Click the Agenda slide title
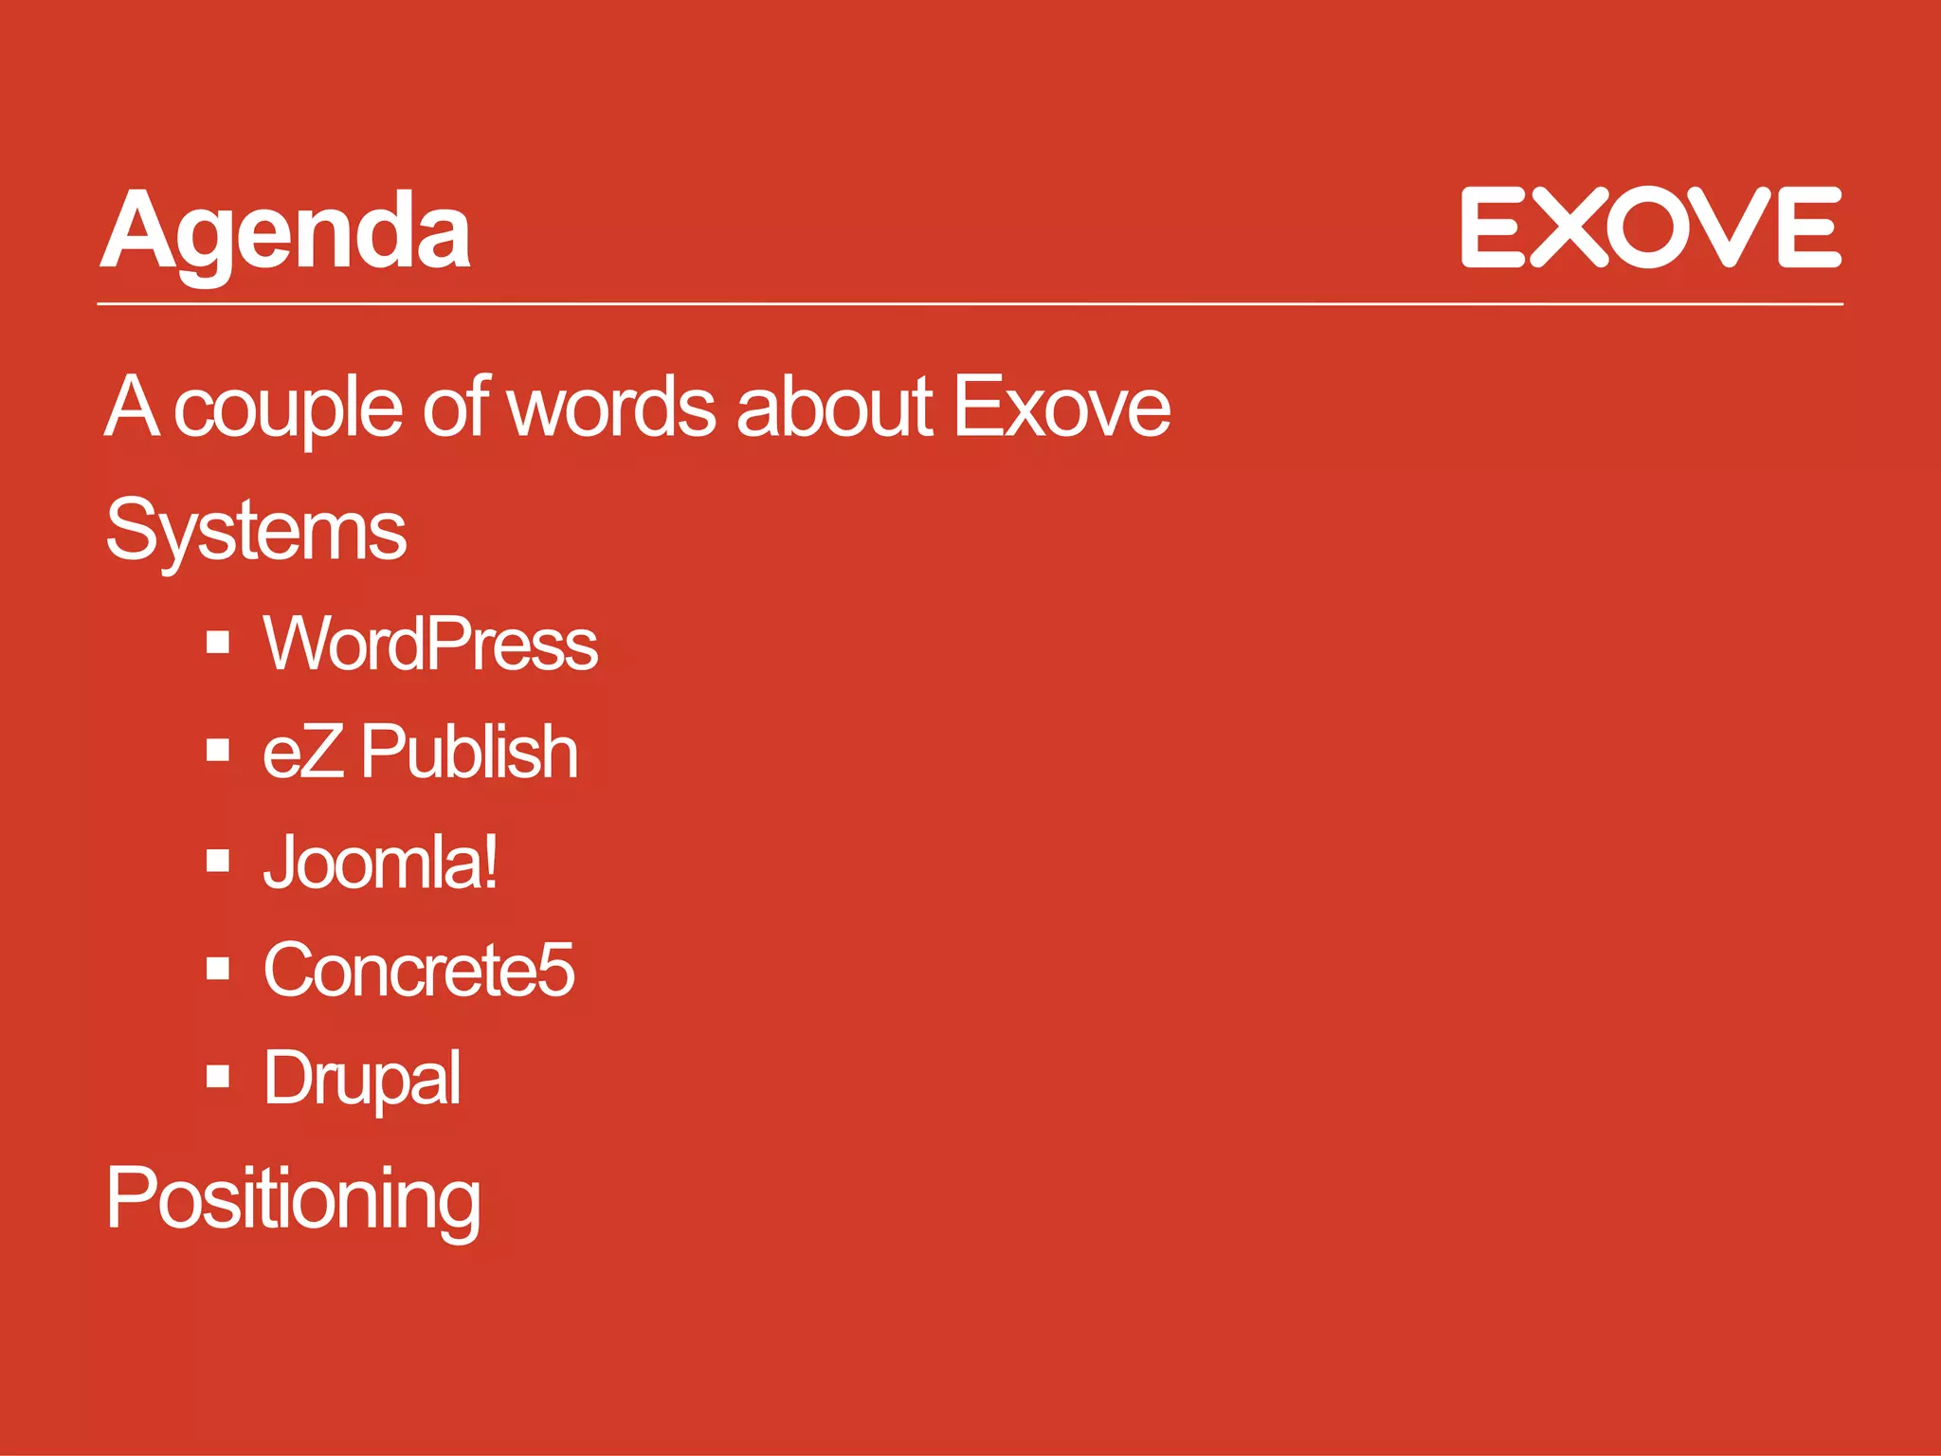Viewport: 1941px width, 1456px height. (285, 232)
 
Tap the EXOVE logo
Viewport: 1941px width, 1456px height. (1650, 227)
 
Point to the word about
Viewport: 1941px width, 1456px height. (834, 408)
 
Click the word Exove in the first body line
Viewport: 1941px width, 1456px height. (1061, 408)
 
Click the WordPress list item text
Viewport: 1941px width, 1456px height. (430, 645)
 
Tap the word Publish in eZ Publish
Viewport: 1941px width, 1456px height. (469, 752)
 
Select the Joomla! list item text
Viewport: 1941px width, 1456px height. (379, 863)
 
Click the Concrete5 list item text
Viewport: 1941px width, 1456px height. (419, 971)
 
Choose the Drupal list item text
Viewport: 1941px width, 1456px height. (362, 1079)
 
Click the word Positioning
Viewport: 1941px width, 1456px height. (293, 1200)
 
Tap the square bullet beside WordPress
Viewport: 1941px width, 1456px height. (218, 643)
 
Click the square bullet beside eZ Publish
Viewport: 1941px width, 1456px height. (218, 751)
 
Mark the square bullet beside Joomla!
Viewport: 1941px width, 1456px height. (218, 860)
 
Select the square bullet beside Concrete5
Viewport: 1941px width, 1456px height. (218, 968)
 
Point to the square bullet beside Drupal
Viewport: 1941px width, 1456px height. (218, 1076)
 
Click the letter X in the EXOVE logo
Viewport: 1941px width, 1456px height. (1568, 227)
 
